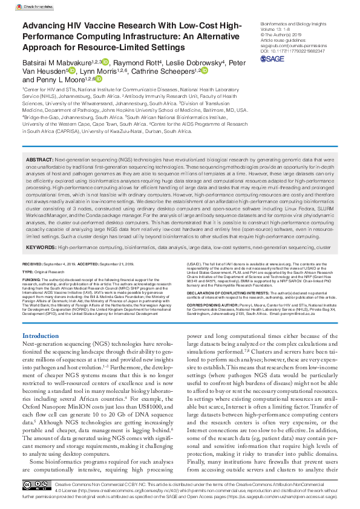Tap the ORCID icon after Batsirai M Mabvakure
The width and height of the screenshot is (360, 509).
[x=105, y=62]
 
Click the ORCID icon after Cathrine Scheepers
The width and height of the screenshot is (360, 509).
[x=204, y=71]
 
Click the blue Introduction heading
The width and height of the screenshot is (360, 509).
[x=41, y=336]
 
